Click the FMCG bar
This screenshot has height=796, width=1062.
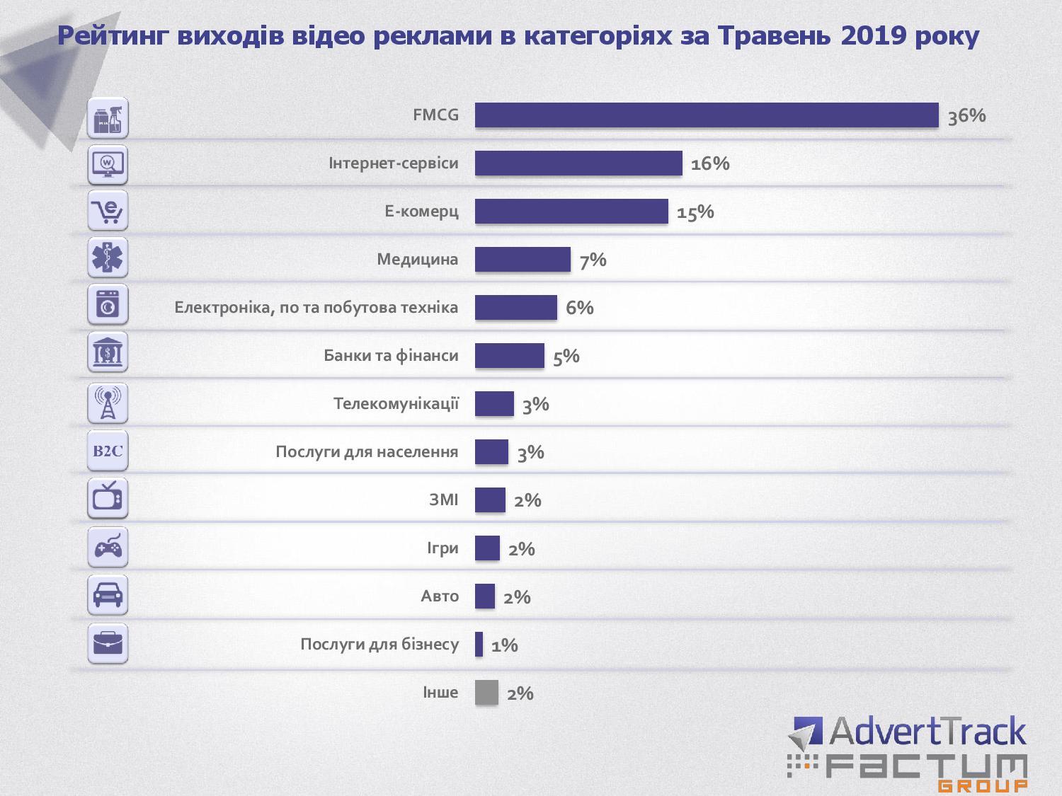coord(706,115)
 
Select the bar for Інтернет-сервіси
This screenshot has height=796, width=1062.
coord(578,163)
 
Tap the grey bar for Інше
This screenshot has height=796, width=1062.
coord(486,693)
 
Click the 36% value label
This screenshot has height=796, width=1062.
coord(966,116)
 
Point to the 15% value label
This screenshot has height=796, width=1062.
coord(695,212)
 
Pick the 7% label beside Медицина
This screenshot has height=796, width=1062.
coord(593,260)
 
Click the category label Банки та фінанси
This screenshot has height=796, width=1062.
coord(391,355)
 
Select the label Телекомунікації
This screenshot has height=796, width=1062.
coord(396,403)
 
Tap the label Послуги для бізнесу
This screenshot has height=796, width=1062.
coord(379,644)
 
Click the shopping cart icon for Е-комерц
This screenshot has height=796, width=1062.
coord(108,211)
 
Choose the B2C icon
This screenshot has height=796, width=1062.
coord(108,451)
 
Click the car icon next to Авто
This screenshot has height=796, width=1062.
coord(108,595)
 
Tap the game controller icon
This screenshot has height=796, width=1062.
coord(108,547)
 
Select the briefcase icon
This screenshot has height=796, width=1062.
coord(108,643)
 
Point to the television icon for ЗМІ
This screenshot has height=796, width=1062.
coord(108,499)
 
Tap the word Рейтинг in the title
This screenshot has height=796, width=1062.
coord(113,35)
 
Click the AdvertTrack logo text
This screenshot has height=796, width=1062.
coord(927,732)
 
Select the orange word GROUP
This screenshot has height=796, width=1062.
coord(983,785)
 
